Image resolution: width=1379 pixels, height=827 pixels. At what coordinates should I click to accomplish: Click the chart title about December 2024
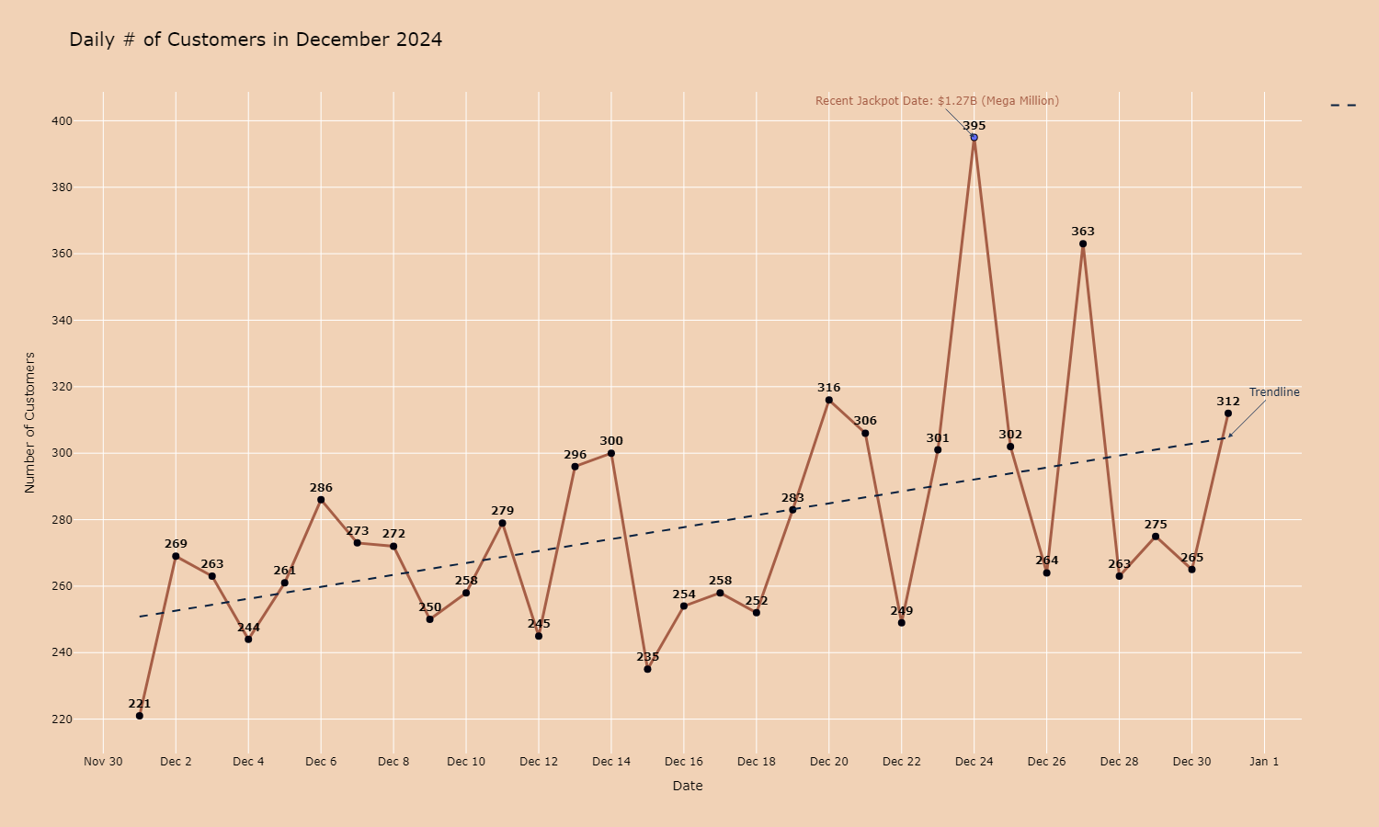[x=256, y=40]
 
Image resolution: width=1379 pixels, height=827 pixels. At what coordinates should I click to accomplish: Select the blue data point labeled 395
[x=974, y=138]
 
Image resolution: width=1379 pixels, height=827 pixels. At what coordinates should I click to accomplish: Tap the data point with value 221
[x=140, y=716]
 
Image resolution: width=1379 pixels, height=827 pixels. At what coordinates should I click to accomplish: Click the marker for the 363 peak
[x=1083, y=244]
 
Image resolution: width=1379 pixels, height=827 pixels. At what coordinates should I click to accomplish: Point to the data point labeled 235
[x=647, y=669]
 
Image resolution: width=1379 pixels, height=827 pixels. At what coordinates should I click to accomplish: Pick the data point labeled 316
[x=829, y=400]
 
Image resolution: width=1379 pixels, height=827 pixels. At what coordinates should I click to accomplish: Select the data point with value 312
[x=1228, y=413]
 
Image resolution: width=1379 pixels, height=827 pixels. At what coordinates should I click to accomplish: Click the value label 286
[x=321, y=488]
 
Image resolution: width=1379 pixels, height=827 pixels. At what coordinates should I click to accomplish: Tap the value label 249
[x=902, y=611]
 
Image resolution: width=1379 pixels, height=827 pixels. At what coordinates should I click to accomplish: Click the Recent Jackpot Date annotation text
[x=937, y=101]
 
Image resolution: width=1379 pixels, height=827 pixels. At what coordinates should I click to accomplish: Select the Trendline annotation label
[x=1274, y=392]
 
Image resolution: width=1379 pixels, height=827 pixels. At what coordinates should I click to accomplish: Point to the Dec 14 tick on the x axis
[x=611, y=762]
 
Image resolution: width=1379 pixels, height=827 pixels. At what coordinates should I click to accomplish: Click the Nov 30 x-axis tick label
[x=103, y=762]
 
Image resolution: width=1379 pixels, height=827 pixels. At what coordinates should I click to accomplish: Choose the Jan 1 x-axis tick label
[x=1264, y=762]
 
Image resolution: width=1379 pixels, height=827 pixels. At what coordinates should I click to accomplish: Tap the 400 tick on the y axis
[x=62, y=121]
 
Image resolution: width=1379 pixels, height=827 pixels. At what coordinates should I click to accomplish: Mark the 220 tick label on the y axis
[x=62, y=719]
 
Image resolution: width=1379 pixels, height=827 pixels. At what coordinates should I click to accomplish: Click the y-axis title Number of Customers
[x=30, y=423]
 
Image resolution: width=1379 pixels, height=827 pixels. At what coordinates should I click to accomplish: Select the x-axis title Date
[x=688, y=786]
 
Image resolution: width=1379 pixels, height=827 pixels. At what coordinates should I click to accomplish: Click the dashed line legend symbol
[x=1343, y=106]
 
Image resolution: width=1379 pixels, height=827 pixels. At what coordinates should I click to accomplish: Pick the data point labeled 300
[x=611, y=453]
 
